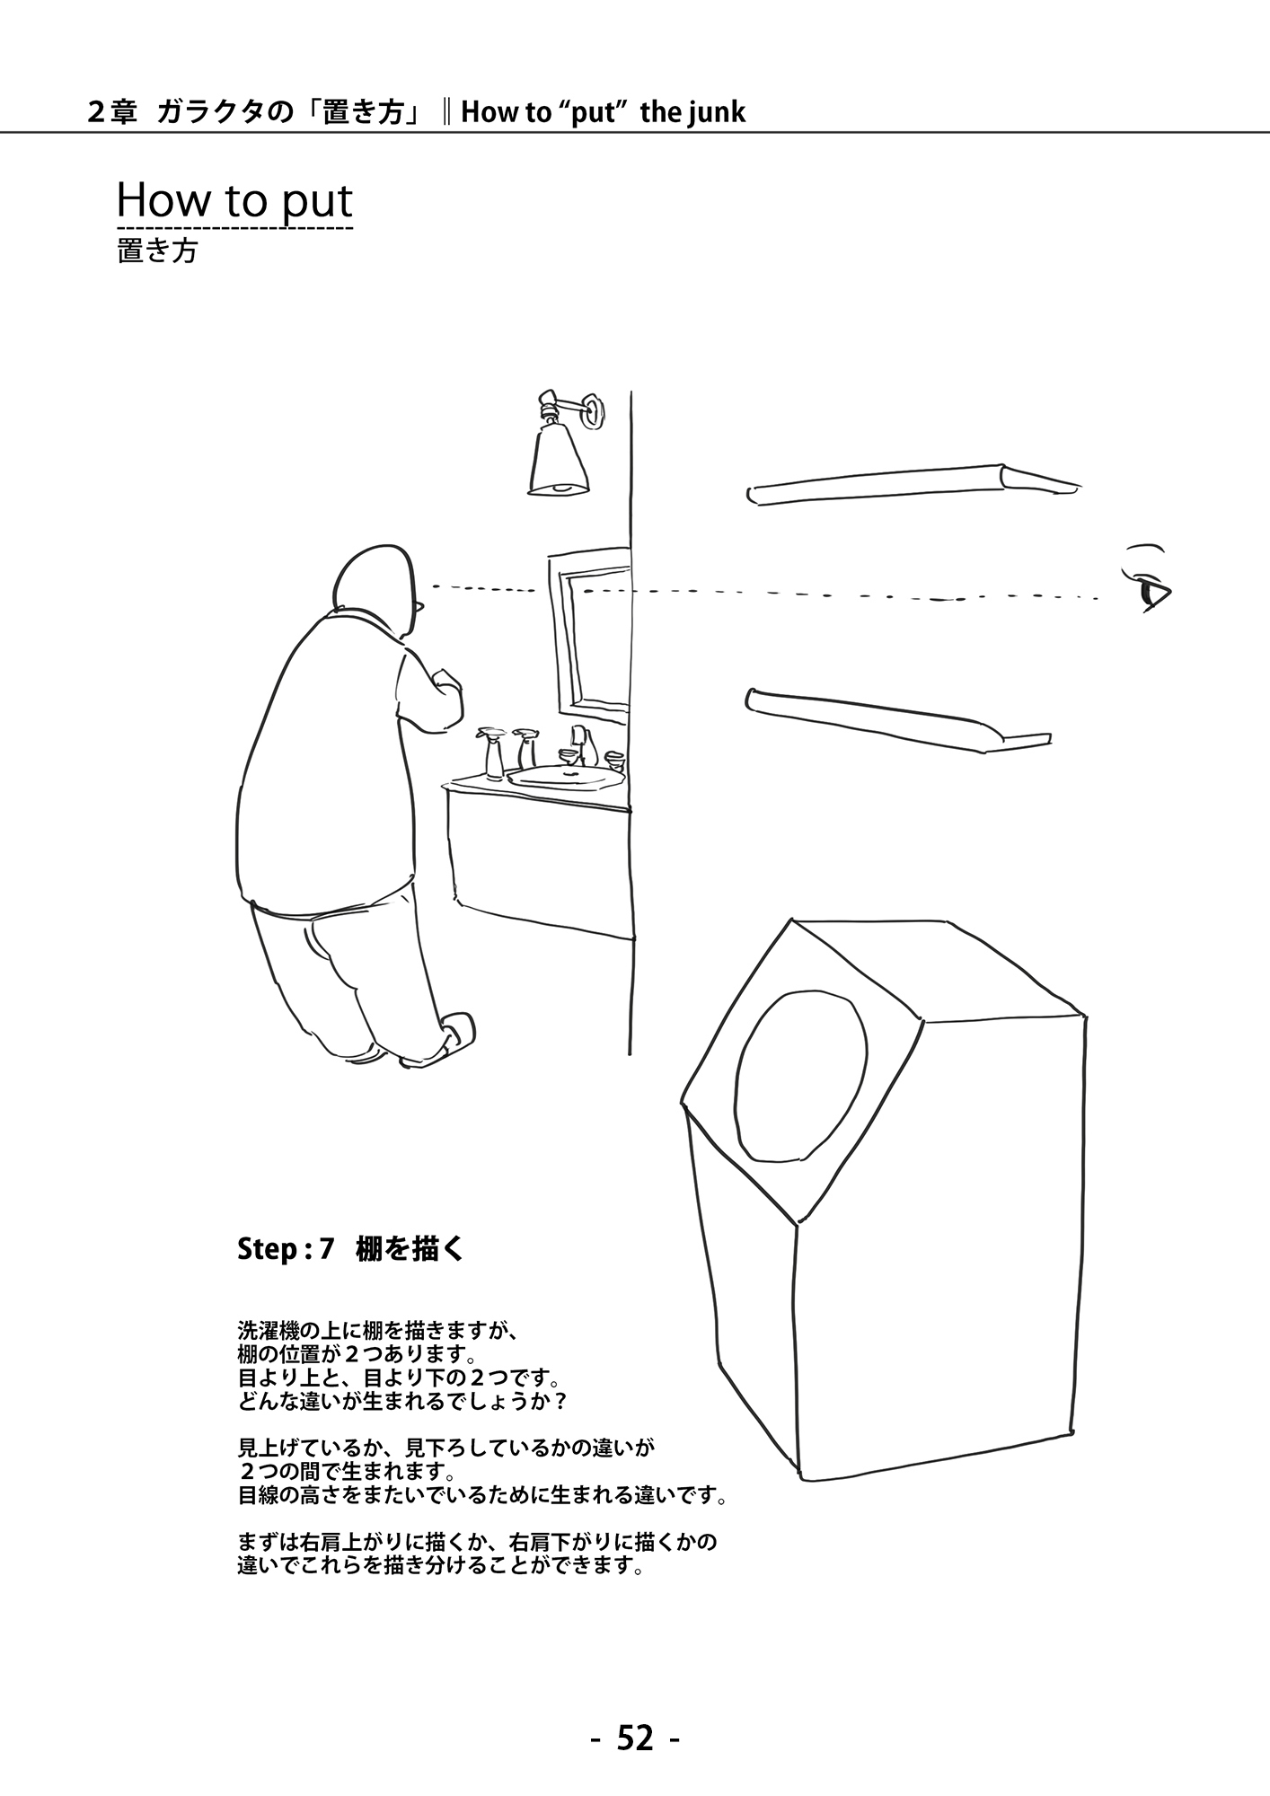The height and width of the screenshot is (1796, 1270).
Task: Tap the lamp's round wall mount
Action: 593,411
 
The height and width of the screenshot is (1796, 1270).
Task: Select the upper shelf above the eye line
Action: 912,483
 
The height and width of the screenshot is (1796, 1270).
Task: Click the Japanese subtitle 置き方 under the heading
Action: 157,251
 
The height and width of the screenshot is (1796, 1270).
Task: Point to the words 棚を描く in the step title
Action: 410,1249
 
